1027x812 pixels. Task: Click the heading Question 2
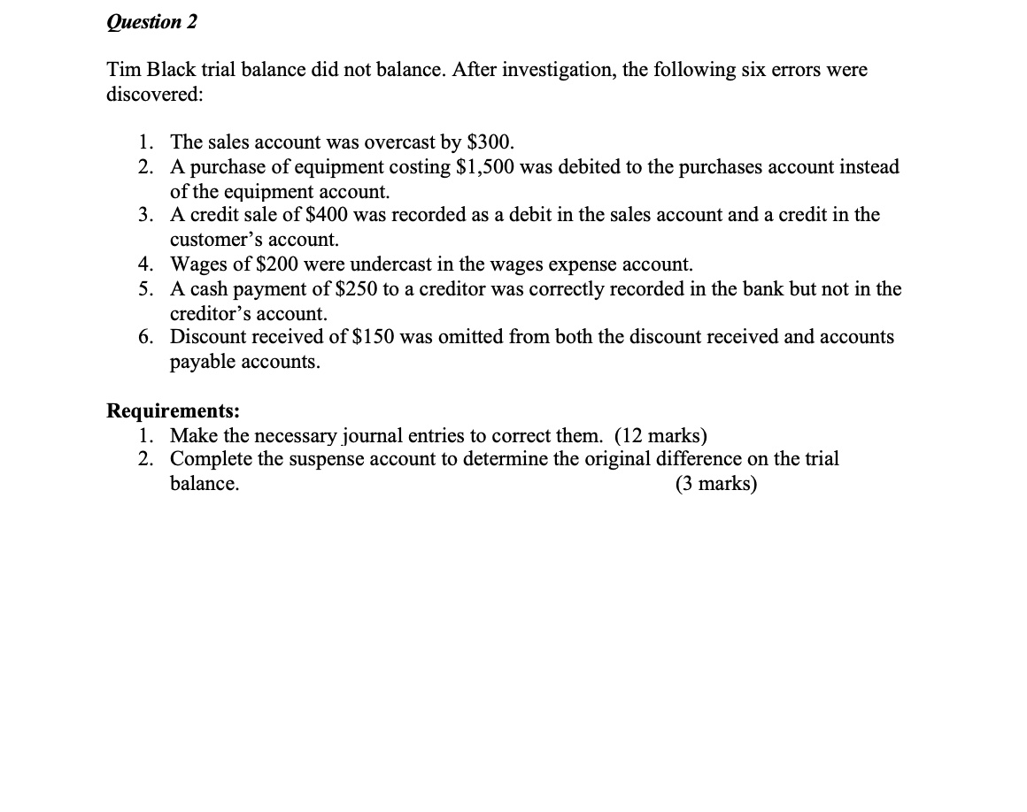click(x=151, y=22)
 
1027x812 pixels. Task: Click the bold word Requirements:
click(x=173, y=410)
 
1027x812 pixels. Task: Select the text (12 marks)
click(x=660, y=435)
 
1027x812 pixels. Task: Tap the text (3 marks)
click(x=715, y=484)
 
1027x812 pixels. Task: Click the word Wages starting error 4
click(x=197, y=264)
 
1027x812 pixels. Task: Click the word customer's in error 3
click(x=211, y=240)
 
